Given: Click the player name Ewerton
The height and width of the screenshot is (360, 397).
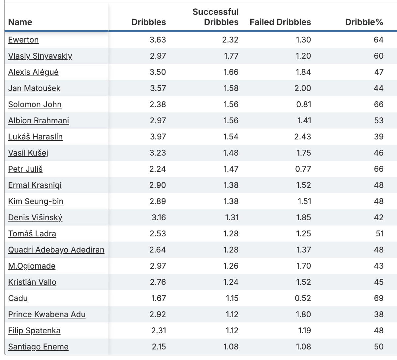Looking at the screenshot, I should (23, 40).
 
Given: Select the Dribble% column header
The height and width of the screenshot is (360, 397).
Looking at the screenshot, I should (364, 22).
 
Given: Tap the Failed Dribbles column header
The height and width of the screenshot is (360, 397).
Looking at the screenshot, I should (280, 22).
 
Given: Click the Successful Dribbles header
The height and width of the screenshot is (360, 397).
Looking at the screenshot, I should (215, 17).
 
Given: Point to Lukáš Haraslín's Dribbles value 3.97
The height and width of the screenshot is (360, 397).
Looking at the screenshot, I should (158, 137).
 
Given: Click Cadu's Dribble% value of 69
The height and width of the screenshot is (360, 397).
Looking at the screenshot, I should (379, 298).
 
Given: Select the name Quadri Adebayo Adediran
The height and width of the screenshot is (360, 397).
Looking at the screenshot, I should (56, 250).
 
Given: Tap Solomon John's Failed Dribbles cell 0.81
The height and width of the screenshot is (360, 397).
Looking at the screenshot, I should (303, 105).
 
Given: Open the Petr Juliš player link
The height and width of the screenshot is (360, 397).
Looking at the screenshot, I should (25, 169).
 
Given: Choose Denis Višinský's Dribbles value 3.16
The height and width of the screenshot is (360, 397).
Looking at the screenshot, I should (159, 218).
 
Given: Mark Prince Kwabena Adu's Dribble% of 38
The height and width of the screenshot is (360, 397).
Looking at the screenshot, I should (379, 315).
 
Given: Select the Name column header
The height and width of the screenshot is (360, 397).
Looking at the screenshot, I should (20, 22).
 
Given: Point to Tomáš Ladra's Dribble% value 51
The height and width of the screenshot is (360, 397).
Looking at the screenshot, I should (380, 234).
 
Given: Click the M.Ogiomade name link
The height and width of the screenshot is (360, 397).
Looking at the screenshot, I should (32, 266).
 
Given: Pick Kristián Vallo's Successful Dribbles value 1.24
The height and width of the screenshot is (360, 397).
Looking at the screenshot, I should (231, 282).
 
